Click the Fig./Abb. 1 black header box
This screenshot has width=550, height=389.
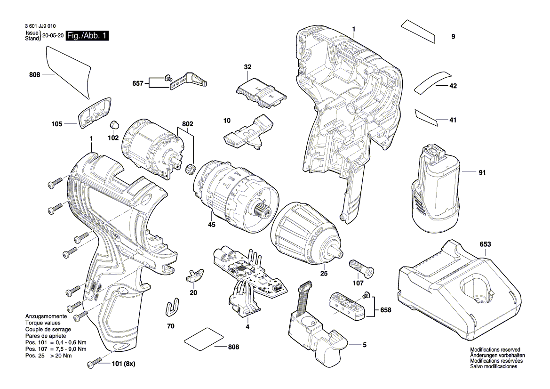click(x=88, y=36)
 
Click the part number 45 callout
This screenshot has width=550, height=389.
click(x=212, y=225)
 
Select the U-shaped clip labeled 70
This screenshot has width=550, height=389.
click(x=173, y=308)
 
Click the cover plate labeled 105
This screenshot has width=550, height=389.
click(x=95, y=113)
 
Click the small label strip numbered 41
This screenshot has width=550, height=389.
click(x=425, y=118)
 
